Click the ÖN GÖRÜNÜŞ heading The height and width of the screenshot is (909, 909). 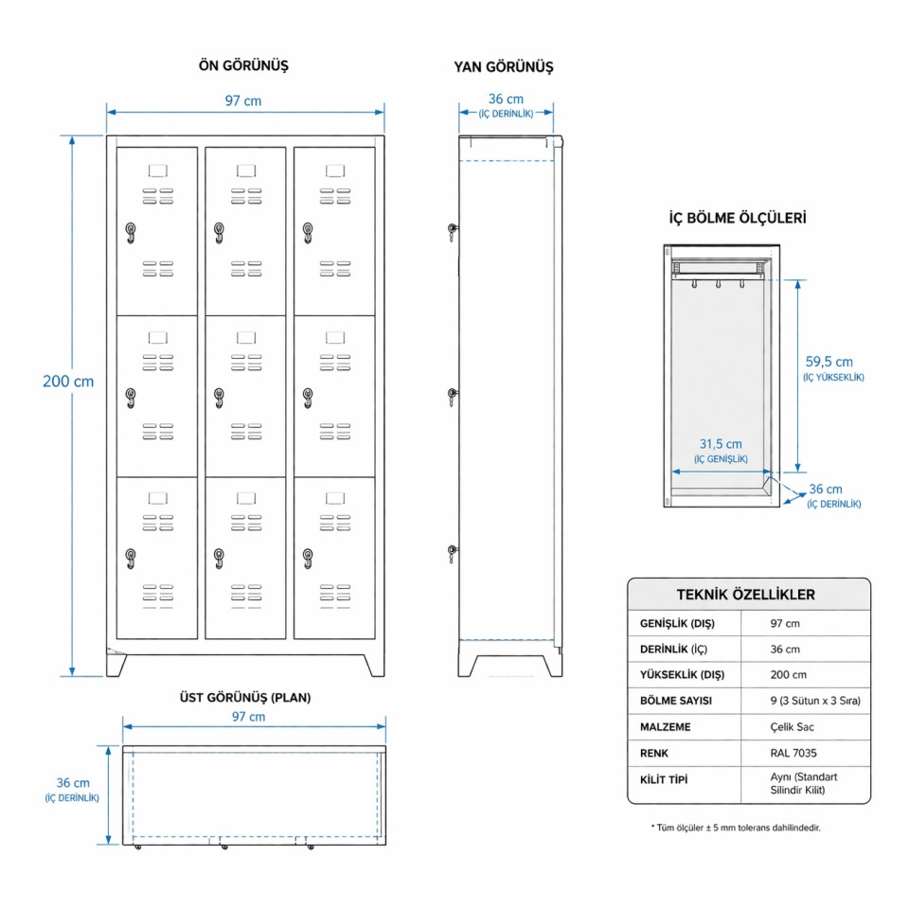point(243,66)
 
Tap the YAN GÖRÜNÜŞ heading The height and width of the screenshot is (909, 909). point(504,67)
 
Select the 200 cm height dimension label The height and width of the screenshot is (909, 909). point(68,382)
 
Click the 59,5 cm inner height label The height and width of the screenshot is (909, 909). point(829,362)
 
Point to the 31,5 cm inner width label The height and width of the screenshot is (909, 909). point(721,444)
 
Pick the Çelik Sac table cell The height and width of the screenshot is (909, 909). point(792,727)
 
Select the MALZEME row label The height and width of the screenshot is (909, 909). point(667,727)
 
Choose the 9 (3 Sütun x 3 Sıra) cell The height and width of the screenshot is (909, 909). point(815,702)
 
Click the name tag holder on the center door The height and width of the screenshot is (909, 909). point(246,336)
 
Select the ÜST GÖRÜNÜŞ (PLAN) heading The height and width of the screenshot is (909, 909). point(245,698)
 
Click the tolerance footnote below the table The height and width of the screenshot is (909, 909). point(736,828)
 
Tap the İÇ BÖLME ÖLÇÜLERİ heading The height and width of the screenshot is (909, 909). point(738,218)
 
